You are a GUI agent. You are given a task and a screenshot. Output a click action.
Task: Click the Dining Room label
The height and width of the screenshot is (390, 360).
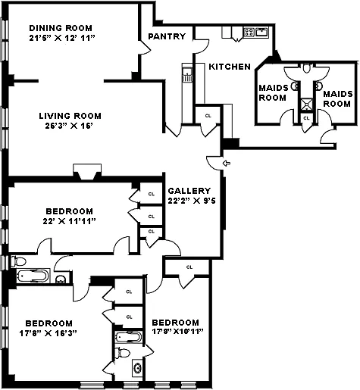(61, 28)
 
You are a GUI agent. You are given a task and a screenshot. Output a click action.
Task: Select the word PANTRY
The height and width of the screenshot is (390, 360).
(167, 36)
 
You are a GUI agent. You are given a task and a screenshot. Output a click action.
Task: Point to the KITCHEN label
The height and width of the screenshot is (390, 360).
(230, 67)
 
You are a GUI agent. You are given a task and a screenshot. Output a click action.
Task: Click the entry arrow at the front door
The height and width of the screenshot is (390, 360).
(227, 164)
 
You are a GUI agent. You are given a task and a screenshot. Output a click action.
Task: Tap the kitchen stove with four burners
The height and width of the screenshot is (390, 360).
(249, 32)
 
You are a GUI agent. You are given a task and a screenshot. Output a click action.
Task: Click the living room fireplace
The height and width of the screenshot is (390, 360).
(87, 172)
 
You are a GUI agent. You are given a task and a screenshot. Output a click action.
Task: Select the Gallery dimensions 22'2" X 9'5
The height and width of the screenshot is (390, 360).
(192, 201)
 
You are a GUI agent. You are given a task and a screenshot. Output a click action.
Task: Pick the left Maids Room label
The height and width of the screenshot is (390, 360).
(274, 92)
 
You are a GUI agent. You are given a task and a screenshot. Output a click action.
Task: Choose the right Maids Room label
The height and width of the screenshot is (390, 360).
(338, 98)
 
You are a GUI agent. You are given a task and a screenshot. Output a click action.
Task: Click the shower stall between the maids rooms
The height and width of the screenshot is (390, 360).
(307, 105)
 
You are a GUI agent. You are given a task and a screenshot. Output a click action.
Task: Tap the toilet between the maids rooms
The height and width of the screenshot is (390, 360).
(307, 68)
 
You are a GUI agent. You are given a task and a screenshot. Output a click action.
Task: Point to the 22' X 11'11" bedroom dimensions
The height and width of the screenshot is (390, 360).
(69, 221)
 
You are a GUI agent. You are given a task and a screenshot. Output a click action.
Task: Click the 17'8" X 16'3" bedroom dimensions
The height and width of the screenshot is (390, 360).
(48, 333)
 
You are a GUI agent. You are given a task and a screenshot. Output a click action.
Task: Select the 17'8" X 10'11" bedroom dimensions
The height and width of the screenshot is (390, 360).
(177, 332)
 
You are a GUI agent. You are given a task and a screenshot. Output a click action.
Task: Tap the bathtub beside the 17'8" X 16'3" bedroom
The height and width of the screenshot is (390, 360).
(129, 337)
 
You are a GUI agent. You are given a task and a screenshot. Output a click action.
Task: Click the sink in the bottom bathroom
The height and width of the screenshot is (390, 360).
(138, 367)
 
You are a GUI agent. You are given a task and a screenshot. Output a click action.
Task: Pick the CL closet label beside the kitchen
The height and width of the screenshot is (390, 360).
(208, 116)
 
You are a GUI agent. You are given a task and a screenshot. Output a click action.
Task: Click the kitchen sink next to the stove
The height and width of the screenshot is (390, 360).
(262, 33)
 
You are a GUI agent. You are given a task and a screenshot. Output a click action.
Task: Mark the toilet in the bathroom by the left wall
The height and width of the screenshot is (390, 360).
(18, 261)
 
